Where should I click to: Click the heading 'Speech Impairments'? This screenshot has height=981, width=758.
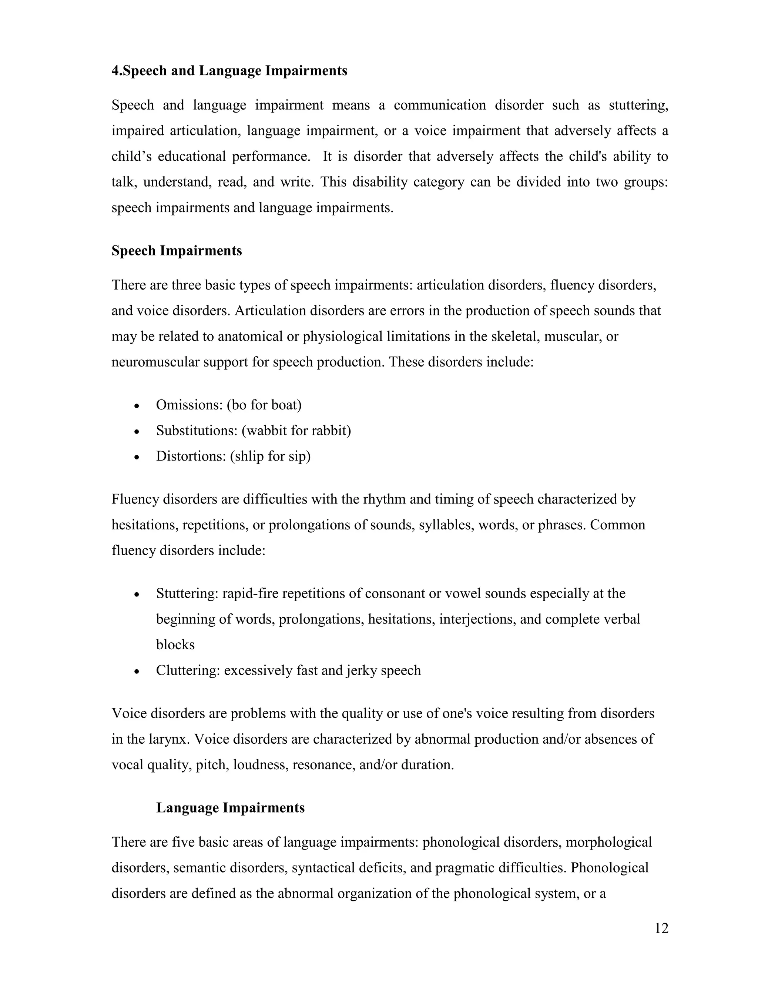(x=177, y=251)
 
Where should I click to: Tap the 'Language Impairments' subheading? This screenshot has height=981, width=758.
(x=230, y=808)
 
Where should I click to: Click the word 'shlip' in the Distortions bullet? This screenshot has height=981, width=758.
(x=249, y=456)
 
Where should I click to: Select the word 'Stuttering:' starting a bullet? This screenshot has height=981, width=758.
(x=187, y=594)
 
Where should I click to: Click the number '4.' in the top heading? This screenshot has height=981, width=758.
(x=116, y=71)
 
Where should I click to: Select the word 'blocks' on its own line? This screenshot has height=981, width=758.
(x=175, y=645)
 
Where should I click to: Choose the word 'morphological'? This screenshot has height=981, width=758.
(x=608, y=842)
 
